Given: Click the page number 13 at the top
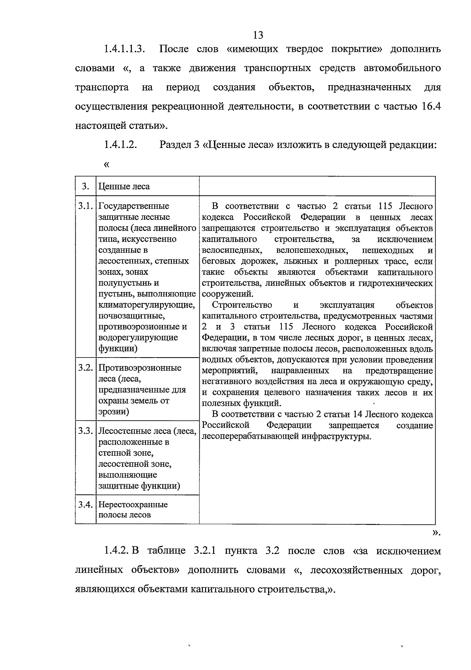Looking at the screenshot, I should click(258, 35).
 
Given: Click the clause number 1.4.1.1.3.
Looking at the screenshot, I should click(124, 49).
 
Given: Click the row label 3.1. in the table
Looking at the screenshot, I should click(85, 206).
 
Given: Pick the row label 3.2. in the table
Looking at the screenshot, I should click(85, 368).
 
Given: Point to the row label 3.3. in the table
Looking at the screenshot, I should click(85, 431).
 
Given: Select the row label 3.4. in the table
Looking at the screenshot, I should click(85, 504).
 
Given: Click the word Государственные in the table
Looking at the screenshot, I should click(133, 206).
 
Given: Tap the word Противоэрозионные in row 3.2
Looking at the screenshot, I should click(140, 368).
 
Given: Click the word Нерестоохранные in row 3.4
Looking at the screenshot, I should click(133, 504).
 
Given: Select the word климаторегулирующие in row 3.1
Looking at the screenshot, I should click(146, 305).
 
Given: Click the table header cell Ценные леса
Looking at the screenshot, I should click(124, 186).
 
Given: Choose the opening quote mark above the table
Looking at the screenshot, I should click(106, 164).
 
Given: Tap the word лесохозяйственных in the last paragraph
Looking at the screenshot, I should click(356, 570).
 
